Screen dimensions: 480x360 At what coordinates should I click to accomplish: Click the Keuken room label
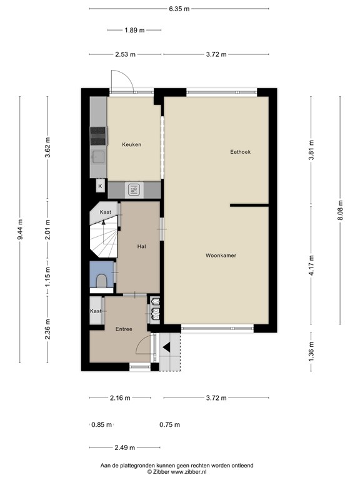132,144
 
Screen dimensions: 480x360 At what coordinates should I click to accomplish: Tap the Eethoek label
240,151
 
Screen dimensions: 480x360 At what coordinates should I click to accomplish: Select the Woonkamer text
220,256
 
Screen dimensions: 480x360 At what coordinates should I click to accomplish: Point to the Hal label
142,246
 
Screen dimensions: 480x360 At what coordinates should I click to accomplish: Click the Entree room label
123,329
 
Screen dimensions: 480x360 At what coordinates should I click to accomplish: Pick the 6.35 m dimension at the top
179,9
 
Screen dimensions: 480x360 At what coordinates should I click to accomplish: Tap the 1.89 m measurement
134,30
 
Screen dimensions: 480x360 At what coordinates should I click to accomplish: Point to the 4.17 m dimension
311,272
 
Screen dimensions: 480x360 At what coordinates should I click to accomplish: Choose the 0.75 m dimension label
169,424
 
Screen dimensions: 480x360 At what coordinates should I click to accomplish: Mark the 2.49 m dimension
125,447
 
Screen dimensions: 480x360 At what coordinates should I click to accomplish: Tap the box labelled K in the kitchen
99,186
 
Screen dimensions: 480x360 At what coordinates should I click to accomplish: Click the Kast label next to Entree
96,311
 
